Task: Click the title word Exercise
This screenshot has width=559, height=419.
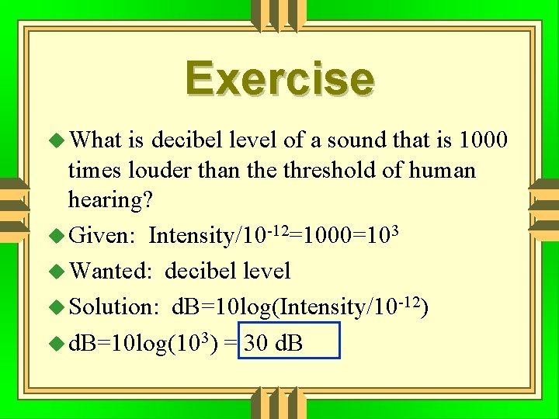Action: tap(279, 79)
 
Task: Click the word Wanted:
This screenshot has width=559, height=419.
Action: tap(109, 271)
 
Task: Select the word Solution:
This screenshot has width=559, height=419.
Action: tap(114, 306)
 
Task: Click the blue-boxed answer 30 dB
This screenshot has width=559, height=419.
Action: tap(273, 342)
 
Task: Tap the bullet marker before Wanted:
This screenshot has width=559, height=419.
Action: tap(58, 272)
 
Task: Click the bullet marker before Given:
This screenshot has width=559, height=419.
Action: tap(58, 235)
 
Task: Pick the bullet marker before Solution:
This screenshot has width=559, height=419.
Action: tap(58, 307)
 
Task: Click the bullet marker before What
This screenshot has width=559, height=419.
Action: tap(58, 140)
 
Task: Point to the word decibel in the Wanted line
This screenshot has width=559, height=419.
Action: tap(201, 271)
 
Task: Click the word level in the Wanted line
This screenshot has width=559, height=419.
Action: tap(266, 271)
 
